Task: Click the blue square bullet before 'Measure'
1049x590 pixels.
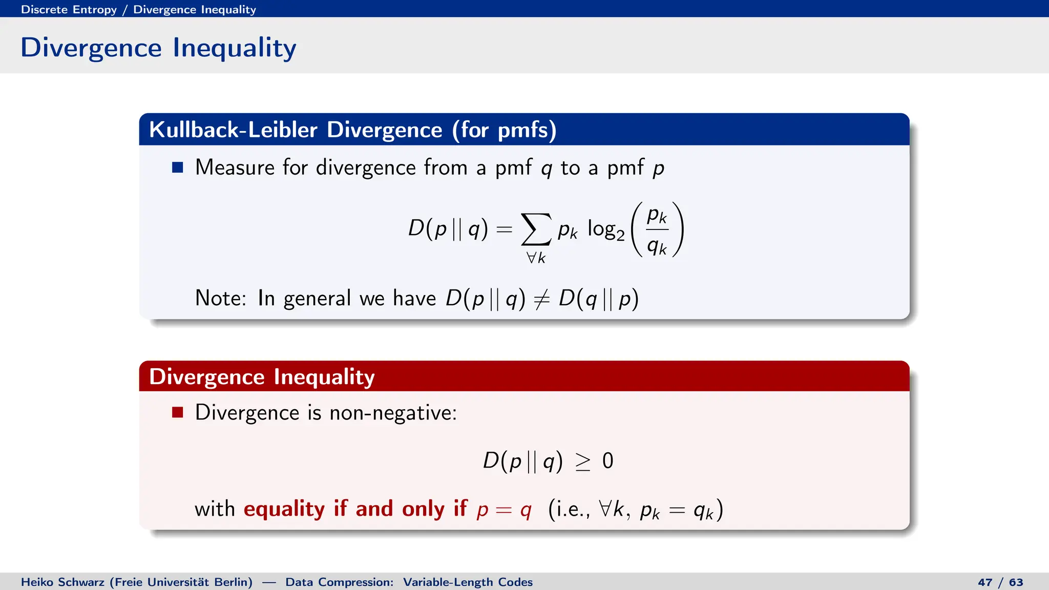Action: [178, 167]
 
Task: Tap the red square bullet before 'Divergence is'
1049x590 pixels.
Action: [178, 412]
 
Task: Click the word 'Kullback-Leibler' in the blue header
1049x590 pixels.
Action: [233, 130]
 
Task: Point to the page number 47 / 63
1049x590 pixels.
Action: [1000, 582]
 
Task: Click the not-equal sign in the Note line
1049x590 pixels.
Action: [541, 299]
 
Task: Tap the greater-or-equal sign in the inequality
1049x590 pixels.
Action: [582, 461]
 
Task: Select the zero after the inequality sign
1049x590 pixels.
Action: [607, 461]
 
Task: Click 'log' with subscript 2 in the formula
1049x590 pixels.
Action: [605, 229]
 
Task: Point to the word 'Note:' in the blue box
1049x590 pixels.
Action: [221, 298]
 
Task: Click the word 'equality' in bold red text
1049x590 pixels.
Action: [284, 509]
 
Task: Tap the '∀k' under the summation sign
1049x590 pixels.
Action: [536, 258]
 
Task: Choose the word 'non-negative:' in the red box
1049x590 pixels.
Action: [393, 413]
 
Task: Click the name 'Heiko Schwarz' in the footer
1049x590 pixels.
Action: [62, 582]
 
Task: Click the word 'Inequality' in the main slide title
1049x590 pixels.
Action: [235, 48]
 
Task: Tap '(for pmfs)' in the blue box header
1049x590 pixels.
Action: [504, 130]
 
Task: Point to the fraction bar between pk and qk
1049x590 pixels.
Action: [657, 229]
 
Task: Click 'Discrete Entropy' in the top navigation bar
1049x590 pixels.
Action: [69, 9]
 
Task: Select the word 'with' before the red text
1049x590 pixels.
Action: [215, 509]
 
